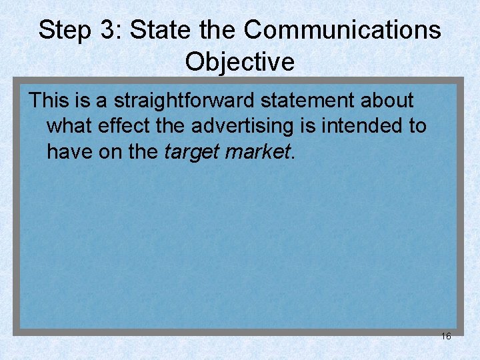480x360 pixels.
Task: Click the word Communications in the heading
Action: (342, 30)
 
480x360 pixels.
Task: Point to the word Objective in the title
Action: (240, 62)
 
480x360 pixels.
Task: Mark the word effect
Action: (123, 126)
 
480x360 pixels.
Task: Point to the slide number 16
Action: (446, 336)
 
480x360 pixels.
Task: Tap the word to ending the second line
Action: (417, 126)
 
